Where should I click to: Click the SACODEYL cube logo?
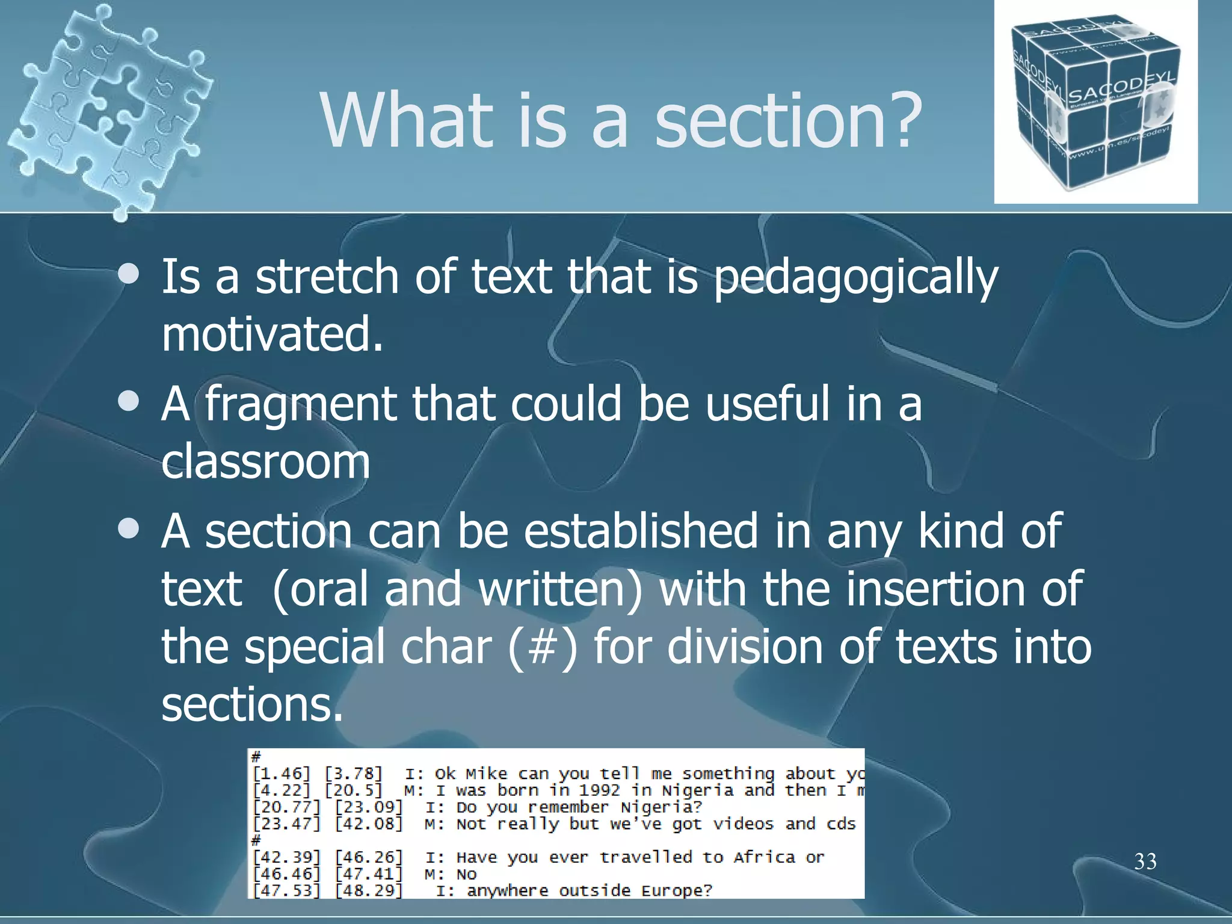click(1095, 102)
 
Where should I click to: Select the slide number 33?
click(1145, 861)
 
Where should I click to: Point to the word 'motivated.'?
click(272, 334)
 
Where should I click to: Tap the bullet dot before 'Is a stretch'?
click(129, 275)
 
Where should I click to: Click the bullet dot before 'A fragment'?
click(129, 402)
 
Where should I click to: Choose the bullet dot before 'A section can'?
click(129, 529)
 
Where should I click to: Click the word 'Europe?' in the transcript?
click(677, 891)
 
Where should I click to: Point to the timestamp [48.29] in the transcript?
click(368, 891)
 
